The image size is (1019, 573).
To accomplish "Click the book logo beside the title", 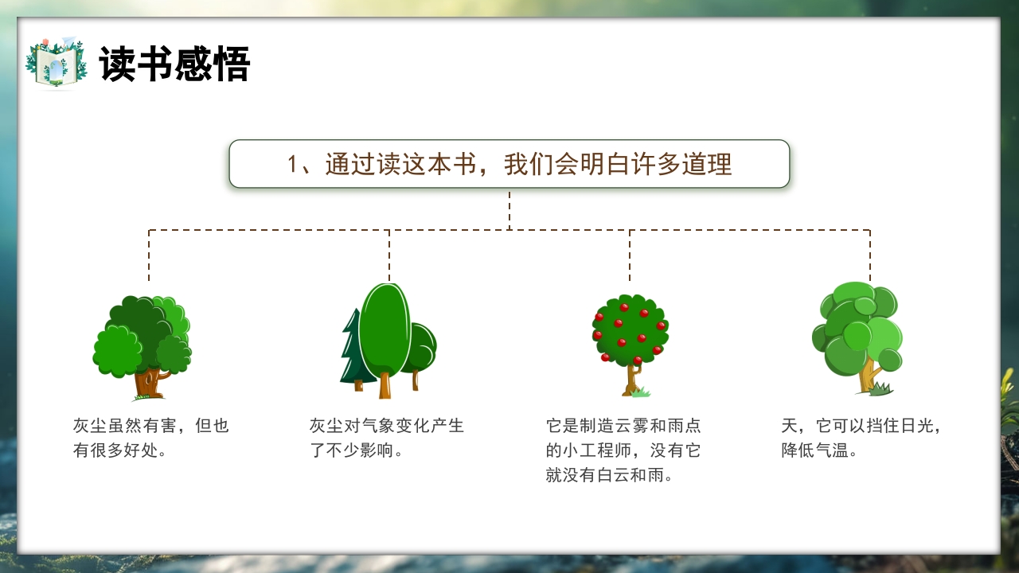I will pyautogui.click(x=57, y=63).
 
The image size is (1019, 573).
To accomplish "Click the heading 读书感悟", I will pyautogui.click(x=174, y=64).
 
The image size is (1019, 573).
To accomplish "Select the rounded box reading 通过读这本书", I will pyautogui.click(x=509, y=164).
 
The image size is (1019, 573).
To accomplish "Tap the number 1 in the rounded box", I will pyautogui.click(x=294, y=165).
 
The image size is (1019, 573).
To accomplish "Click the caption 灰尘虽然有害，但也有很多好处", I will pyautogui.click(x=150, y=438).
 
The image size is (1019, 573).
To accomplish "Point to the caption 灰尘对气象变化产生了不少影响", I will pyautogui.click(x=386, y=438).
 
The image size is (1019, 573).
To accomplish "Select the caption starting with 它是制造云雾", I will pyautogui.click(x=623, y=450).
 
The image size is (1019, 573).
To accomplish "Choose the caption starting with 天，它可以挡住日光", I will pyautogui.click(x=861, y=438).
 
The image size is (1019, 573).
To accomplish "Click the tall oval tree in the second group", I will pyautogui.click(x=385, y=330).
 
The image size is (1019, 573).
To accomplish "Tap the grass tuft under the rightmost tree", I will pyautogui.click(x=880, y=389).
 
